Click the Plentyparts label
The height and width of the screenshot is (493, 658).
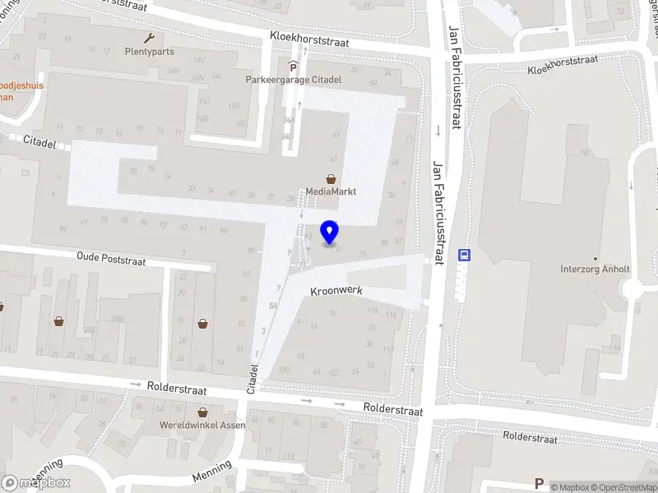(149, 51)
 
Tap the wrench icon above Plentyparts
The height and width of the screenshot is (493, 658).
(149, 37)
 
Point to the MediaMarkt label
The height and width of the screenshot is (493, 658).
(331, 191)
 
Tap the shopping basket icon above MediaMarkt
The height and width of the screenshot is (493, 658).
(331, 178)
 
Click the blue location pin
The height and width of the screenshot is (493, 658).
(330, 233)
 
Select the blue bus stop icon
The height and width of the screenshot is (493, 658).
(464, 255)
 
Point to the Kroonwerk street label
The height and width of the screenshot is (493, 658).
(336, 291)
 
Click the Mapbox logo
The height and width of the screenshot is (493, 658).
(36, 483)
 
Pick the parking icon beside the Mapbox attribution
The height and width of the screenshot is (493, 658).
(540, 483)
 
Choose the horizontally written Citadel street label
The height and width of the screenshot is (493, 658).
(39, 141)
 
